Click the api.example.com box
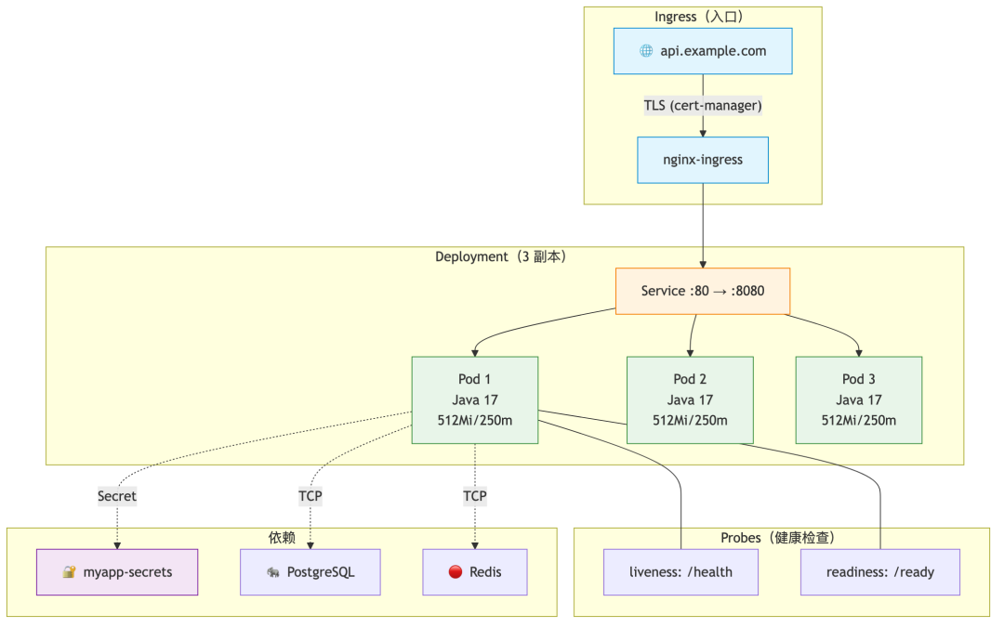coord(703,51)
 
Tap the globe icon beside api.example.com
coord(646,51)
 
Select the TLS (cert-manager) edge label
coord(703,106)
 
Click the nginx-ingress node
coord(703,160)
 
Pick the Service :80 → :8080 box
coord(703,292)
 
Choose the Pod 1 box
coord(474,400)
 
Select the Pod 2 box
coord(690,400)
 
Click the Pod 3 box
coord(859,400)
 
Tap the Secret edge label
coord(117,496)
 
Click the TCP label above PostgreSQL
coord(310,496)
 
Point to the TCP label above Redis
coord(475,496)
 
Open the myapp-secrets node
coord(117,572)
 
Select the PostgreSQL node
coord(310,572)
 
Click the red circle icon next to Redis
coord(456,572)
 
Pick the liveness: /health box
coord(680,572)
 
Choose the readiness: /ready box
coord(880,572)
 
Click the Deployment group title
coord(501,256)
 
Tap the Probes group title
coord(778,538)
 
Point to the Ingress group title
coord(698,17)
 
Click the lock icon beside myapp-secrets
coord(69,572)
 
